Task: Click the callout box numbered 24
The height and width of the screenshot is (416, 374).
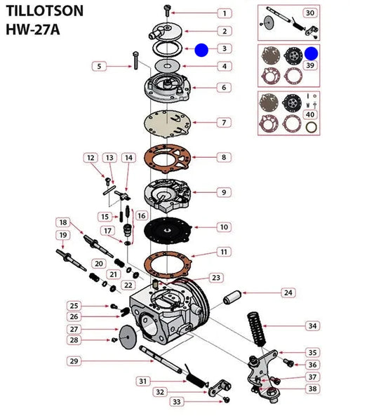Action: coord(288,293)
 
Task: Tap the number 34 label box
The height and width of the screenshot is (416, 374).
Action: coord(312,326)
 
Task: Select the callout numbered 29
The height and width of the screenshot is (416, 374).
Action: coord(74,361)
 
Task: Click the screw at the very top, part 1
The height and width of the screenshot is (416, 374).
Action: coord(167,11)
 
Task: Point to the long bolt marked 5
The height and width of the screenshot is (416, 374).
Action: coord(135,60)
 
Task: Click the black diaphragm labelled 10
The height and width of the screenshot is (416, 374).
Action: coord(167,232)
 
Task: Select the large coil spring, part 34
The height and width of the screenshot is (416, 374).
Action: coord(256,329)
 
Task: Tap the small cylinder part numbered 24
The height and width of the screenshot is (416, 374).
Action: coord(232,297)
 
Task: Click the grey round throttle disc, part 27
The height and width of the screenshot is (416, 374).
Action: coord(128,337)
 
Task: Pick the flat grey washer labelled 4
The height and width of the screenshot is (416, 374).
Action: coord(167,66)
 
